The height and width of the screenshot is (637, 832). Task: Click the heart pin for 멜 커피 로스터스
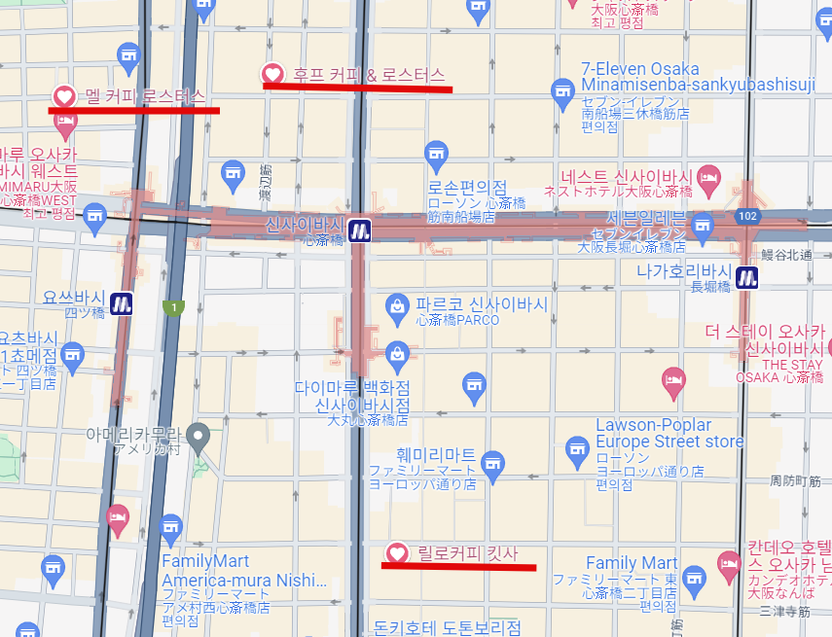point(64,96)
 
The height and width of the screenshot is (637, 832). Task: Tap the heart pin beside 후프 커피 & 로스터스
point(273,73)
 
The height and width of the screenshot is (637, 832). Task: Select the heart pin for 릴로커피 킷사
point(397,553)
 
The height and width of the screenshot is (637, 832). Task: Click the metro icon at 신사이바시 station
point(360,230)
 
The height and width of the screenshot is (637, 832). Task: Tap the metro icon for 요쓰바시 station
point(122,302)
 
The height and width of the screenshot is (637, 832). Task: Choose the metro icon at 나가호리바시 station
point(747,277)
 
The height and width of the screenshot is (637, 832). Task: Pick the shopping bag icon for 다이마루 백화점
point(396,352)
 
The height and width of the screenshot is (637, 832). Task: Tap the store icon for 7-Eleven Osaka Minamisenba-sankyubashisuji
point(562,93)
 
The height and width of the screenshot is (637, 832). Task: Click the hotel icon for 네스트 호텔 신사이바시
point(707,177)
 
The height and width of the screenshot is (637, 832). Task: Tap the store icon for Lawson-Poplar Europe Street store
point(579,447)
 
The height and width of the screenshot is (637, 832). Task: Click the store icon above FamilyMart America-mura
point(171,527)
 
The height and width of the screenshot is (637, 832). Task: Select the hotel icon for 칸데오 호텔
point(728,562)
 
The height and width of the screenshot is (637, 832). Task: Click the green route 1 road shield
point(173,308)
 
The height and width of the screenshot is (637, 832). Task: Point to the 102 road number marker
point(748,216)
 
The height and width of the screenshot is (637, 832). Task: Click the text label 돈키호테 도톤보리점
point(447,627)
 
